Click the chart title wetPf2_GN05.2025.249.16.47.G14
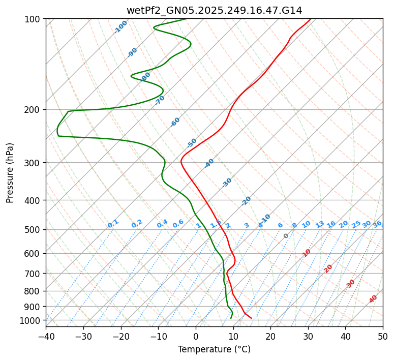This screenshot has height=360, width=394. coord(214,11)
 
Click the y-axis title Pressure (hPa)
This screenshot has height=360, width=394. coord(10,173)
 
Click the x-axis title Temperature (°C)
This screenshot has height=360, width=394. coord(214,350)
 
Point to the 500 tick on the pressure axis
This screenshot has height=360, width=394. coord(34,230)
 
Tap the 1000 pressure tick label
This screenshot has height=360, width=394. coord(32,320)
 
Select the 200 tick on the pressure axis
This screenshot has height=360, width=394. coord(34,110)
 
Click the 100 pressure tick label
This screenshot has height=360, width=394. coord(34,19)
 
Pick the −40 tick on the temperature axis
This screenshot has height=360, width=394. coord(46,337)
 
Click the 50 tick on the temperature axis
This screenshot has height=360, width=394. coord(383,337)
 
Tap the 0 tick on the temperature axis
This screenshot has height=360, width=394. coord(196,337)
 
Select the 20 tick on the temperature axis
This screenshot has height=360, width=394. coord(270,337)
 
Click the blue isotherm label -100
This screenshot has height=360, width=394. coord(120,27)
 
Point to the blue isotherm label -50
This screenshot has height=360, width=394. coord(192,143)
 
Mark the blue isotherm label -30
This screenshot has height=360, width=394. coord(227,183)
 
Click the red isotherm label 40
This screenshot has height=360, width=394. coord(373,299)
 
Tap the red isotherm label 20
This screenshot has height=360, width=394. coord(328,268)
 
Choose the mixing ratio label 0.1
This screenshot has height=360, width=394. coord(113,224)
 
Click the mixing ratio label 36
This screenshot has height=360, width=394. coord(377,224)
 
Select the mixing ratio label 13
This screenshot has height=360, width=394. coord(320,224)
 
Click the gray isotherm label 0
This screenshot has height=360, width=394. coord(286,236)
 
